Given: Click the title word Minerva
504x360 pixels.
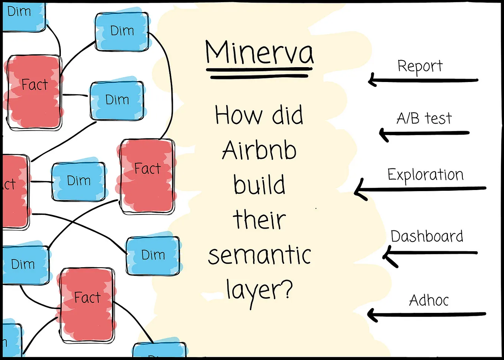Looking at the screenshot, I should point(259,52).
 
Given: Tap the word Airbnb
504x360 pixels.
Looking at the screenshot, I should point(259,150).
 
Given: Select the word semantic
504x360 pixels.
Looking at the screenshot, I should point(259,255).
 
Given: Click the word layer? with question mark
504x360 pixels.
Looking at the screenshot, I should point(259,290).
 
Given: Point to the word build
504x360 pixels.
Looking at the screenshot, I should point(259,184).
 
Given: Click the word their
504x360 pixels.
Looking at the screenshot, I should point(259,219).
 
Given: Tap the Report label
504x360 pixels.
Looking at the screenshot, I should point(420,66).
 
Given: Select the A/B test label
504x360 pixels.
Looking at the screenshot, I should point(424,118).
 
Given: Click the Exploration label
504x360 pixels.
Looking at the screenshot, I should point(425,175).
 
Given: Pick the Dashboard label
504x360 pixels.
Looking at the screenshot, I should point(427,236).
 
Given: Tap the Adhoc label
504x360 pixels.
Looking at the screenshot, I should point(429,300).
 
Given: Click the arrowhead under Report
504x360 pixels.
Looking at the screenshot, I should point(372,80).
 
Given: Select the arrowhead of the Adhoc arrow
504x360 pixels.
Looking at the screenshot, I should point(371,315).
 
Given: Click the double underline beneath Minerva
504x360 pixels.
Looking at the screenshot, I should point(259,73).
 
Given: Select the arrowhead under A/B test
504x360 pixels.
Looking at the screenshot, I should point(383,133).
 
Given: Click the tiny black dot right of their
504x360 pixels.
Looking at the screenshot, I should point(316,209).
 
